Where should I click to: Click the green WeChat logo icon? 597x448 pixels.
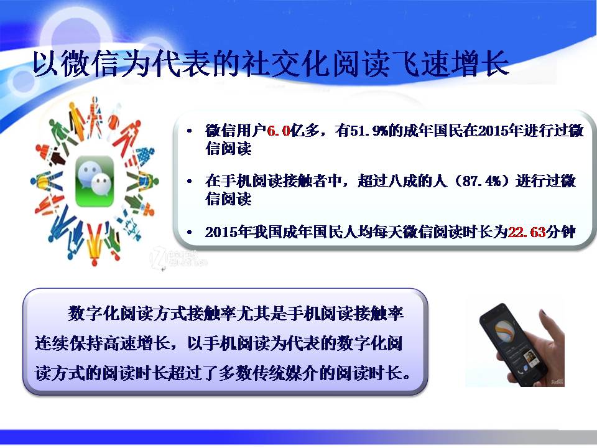click(x=95, y=181)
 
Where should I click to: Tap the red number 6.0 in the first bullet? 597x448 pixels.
click(x=279, y=131)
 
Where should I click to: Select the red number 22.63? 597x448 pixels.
click(x=527, y=231)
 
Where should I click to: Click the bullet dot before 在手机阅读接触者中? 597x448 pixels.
click(x=189, y=181)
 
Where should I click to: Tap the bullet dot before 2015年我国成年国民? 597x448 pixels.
click(x=189, y=232)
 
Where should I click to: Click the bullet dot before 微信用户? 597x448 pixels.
click(x=189, y=131)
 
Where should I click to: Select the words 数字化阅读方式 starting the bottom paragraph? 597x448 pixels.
click(x=127, y=313)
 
